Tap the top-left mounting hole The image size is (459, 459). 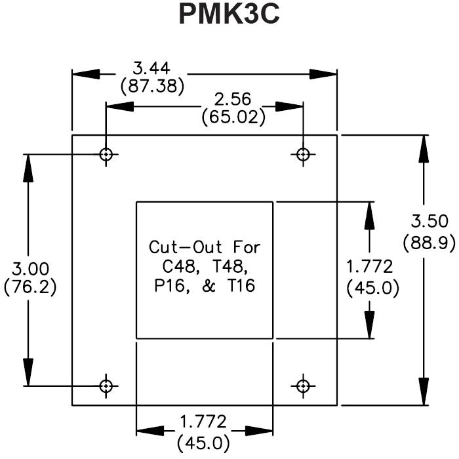(106, 154)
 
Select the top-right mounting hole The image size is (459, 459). (303, 154)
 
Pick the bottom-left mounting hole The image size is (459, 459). (106, 385)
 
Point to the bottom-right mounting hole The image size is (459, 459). (303, 385)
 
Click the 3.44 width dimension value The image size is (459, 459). (152, 68)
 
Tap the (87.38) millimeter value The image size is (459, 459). (152, 85)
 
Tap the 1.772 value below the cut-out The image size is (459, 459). (204, 421)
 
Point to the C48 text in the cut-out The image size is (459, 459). (178, 267)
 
